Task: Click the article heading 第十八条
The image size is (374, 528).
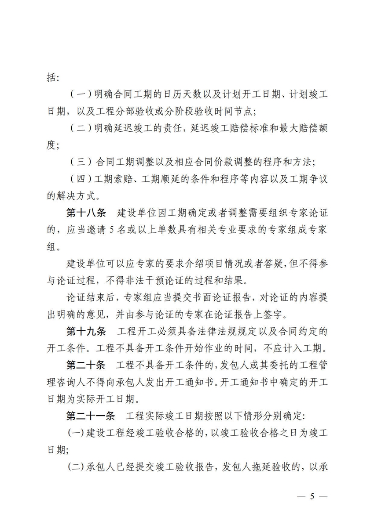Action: tap(86, 213)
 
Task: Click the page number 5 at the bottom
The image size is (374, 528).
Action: tap(312, 497)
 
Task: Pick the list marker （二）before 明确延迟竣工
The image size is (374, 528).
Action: tap(81, 128)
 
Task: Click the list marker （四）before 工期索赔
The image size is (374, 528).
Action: tap(81, 179)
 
